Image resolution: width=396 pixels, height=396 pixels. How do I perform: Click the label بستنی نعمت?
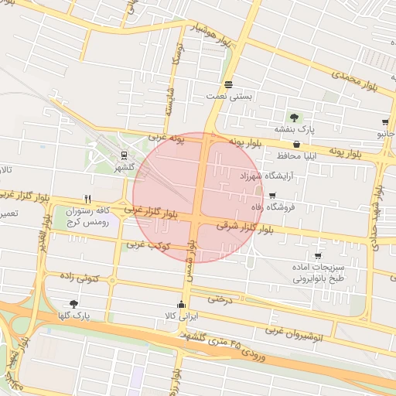click(x=230, y=96)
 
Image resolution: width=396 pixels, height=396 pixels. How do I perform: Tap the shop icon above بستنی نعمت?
click(x=228, y=84)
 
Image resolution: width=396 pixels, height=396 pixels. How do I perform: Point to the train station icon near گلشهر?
click(x=125, y=154)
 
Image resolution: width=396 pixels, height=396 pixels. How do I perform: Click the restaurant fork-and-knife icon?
click(x=87, y=199)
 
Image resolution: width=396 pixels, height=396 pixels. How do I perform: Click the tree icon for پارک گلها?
click(x=73, y=304)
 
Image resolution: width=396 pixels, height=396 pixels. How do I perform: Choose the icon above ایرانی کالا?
click(x=182, y=304)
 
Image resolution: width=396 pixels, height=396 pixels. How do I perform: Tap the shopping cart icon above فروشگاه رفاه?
click(x=272, y=195)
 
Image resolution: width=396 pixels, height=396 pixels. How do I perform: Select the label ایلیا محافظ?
click(x=295, y=155)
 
